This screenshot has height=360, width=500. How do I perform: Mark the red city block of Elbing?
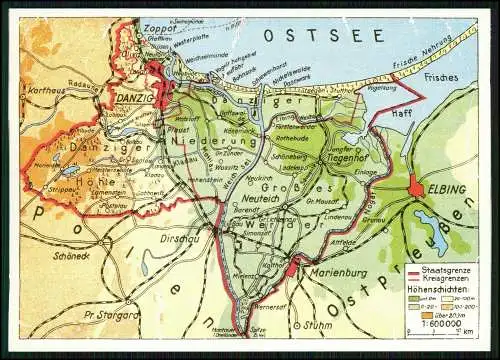(416, 187)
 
